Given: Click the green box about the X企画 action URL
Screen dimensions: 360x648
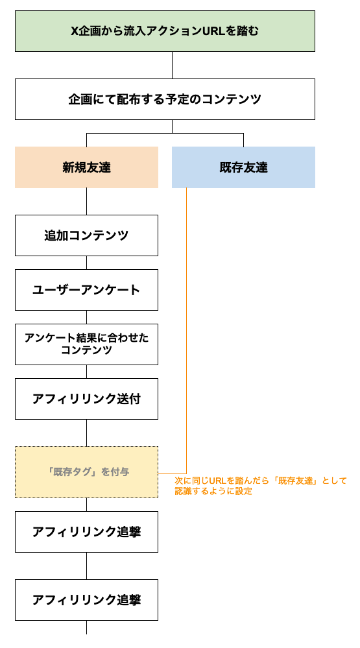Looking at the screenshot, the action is [x=165, y=31].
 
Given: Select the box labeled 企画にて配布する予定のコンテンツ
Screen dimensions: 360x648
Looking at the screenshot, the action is [x=165, y=99].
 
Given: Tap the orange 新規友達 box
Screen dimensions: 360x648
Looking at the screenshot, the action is [x=86, y=167].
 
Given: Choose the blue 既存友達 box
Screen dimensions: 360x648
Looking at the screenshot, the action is [x=243, y=167].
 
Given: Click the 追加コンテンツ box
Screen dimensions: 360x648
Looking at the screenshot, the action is [x=86, y=235].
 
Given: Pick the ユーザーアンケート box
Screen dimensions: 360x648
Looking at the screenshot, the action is [x=86, y=290].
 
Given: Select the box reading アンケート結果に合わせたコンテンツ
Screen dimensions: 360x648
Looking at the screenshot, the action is [x=86, y=344].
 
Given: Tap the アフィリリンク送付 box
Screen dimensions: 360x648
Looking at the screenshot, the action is [x=86, y=399].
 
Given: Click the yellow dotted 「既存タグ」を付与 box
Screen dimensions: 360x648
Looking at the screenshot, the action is [x=86, y=472].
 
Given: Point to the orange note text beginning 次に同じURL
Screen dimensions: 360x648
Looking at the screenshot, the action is [x=260, y=486].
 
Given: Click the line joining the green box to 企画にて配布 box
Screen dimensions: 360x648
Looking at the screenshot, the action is [x=172, y=66].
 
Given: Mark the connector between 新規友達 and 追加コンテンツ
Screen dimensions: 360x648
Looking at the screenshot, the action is [x=86, y=202].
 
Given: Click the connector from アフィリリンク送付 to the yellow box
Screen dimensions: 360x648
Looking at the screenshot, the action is [x=86, y=433].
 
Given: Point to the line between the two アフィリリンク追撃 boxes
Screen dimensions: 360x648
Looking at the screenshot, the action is [x=86, y=566].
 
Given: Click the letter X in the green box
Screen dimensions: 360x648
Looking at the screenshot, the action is [x=74, y=31].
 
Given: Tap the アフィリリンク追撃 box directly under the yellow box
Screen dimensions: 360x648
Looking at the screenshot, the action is [x=86, y=532].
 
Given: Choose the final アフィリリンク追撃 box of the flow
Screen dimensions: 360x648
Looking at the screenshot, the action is [x=86, y=600].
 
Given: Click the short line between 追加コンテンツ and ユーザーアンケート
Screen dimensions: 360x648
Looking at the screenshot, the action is [x=86, y=263].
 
